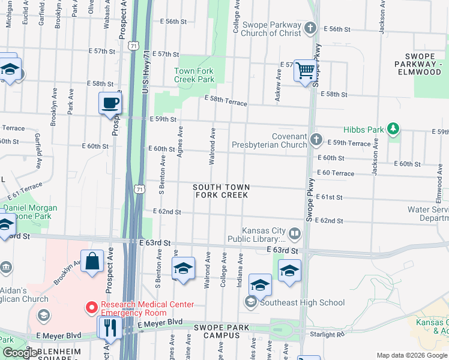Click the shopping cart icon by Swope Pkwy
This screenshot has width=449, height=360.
coord(306,71)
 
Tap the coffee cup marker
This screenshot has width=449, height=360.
coord(110,103)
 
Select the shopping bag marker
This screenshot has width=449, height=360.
coord(92,262)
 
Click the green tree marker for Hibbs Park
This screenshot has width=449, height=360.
coord(393,129)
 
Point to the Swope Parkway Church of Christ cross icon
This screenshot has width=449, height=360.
coord(310,28)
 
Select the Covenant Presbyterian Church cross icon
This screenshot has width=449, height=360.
coord(317,140)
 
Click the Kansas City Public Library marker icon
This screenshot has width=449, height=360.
coord(295,233)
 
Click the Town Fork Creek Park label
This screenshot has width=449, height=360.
coord(194,75)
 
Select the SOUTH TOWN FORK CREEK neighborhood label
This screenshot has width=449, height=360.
coord(221,191)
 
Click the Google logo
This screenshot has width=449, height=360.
coord(20,353)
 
